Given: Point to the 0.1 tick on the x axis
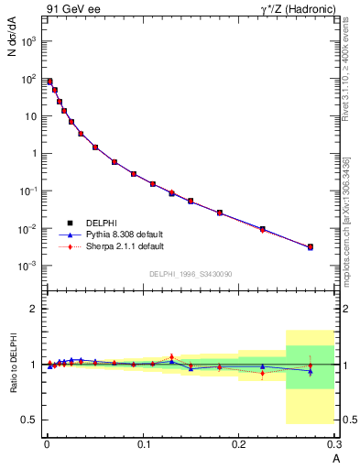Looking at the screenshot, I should pyautogui.click(x=143, y=444).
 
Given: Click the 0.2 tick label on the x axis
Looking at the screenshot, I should pyautogui.click(x=238, y=444).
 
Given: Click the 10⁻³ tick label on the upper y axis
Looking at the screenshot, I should pyautogui.click(x=27, y=266).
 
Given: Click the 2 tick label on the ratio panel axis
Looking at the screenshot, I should pyautogui.click(x=34, y=309).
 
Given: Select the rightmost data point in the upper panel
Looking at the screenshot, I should pyautogui.click(x=310, y=246).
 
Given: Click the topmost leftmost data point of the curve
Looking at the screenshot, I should pyautogui.click(x=49, y=82).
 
